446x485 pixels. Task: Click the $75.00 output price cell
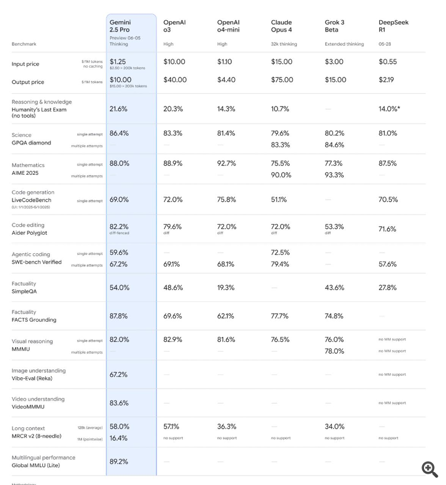283,80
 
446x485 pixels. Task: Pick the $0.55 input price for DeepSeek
388,62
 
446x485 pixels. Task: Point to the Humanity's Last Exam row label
39,109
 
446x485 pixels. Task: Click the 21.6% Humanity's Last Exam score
118,109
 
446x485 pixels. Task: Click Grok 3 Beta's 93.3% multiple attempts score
334,175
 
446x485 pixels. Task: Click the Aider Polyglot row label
30,233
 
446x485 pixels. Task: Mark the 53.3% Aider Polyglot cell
334,226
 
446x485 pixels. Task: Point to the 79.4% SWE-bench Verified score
281,264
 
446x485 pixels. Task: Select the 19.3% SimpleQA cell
226,288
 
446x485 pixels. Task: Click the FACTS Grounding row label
34,320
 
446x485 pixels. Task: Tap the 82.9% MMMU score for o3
172,339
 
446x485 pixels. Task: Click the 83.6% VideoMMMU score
118,402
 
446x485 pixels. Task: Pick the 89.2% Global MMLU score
118,461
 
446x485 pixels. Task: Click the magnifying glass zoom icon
430,469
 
